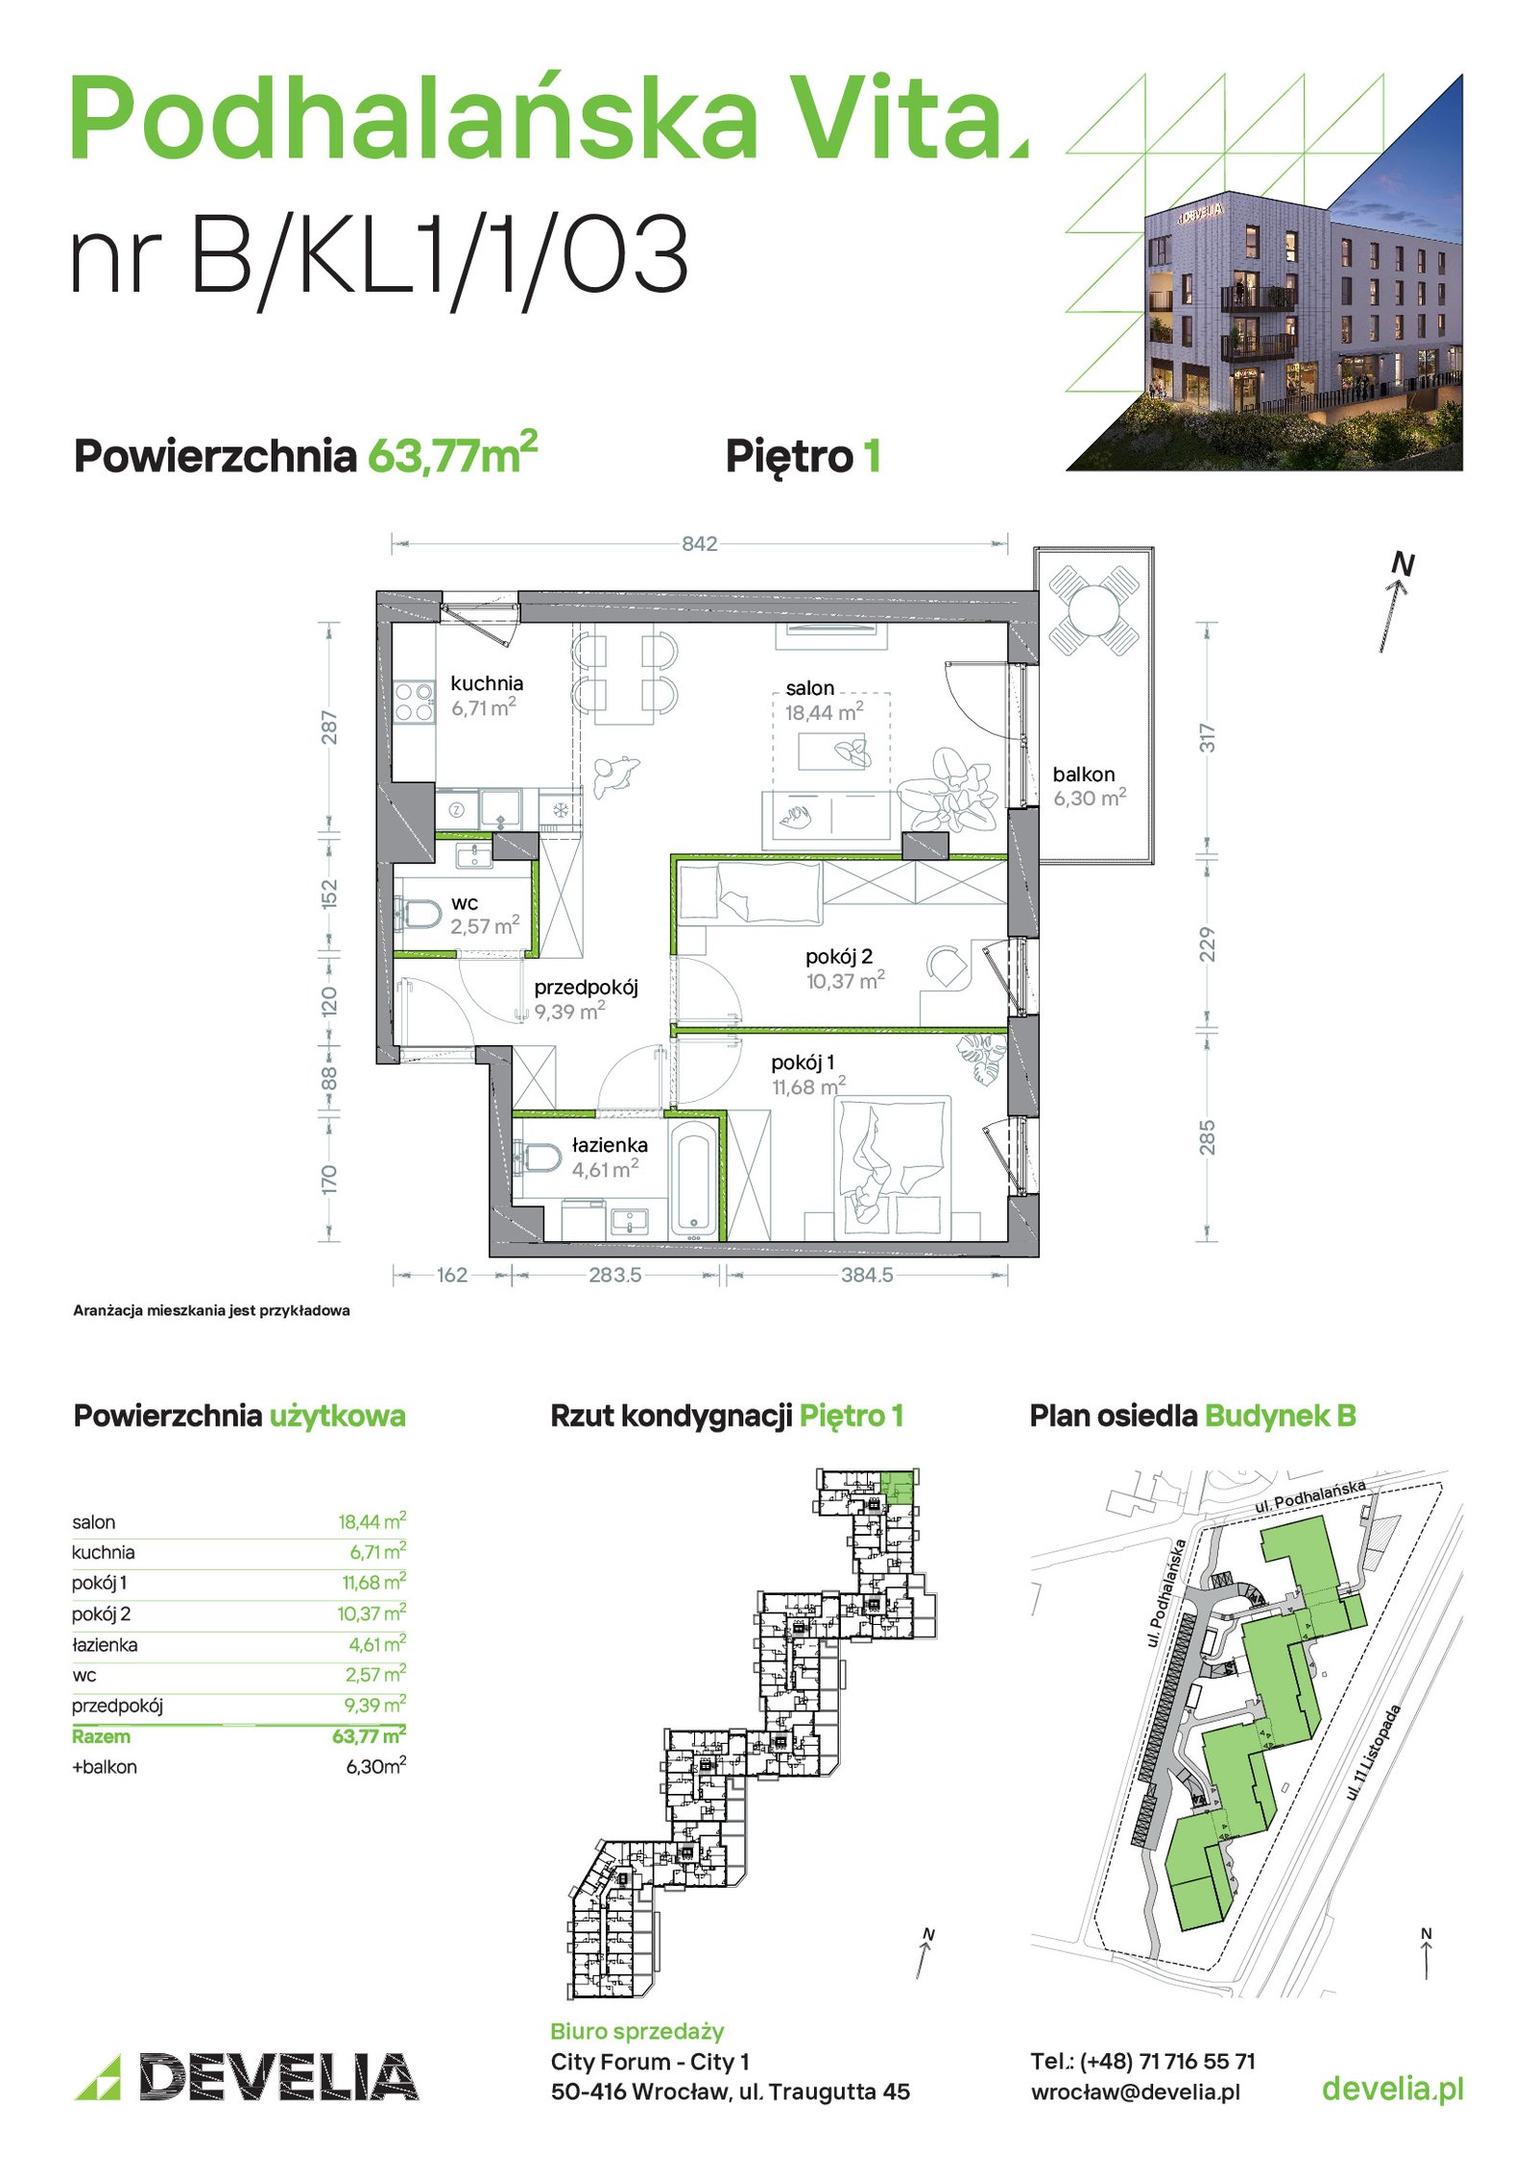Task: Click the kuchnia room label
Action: point(487,683)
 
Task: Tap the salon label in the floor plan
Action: point(809,688)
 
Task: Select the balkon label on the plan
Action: point(1084,775)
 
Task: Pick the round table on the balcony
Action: point(1093,609)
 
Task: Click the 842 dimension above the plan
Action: point(699,544)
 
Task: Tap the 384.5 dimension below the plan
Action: point(867,1275)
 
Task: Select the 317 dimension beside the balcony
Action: point(1207,737)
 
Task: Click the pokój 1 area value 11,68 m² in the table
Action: point(373,1583)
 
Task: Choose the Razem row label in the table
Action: point(101,1736)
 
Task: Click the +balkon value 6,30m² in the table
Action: point(375,1767)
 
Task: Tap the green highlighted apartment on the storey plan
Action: point(898,1487)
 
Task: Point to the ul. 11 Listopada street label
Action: point(1374,1752)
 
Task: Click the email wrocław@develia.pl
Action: point(1135,2091)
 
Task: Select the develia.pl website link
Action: point(1392,2089)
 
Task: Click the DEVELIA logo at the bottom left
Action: point(247,2077)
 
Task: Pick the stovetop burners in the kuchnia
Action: point(415,702)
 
